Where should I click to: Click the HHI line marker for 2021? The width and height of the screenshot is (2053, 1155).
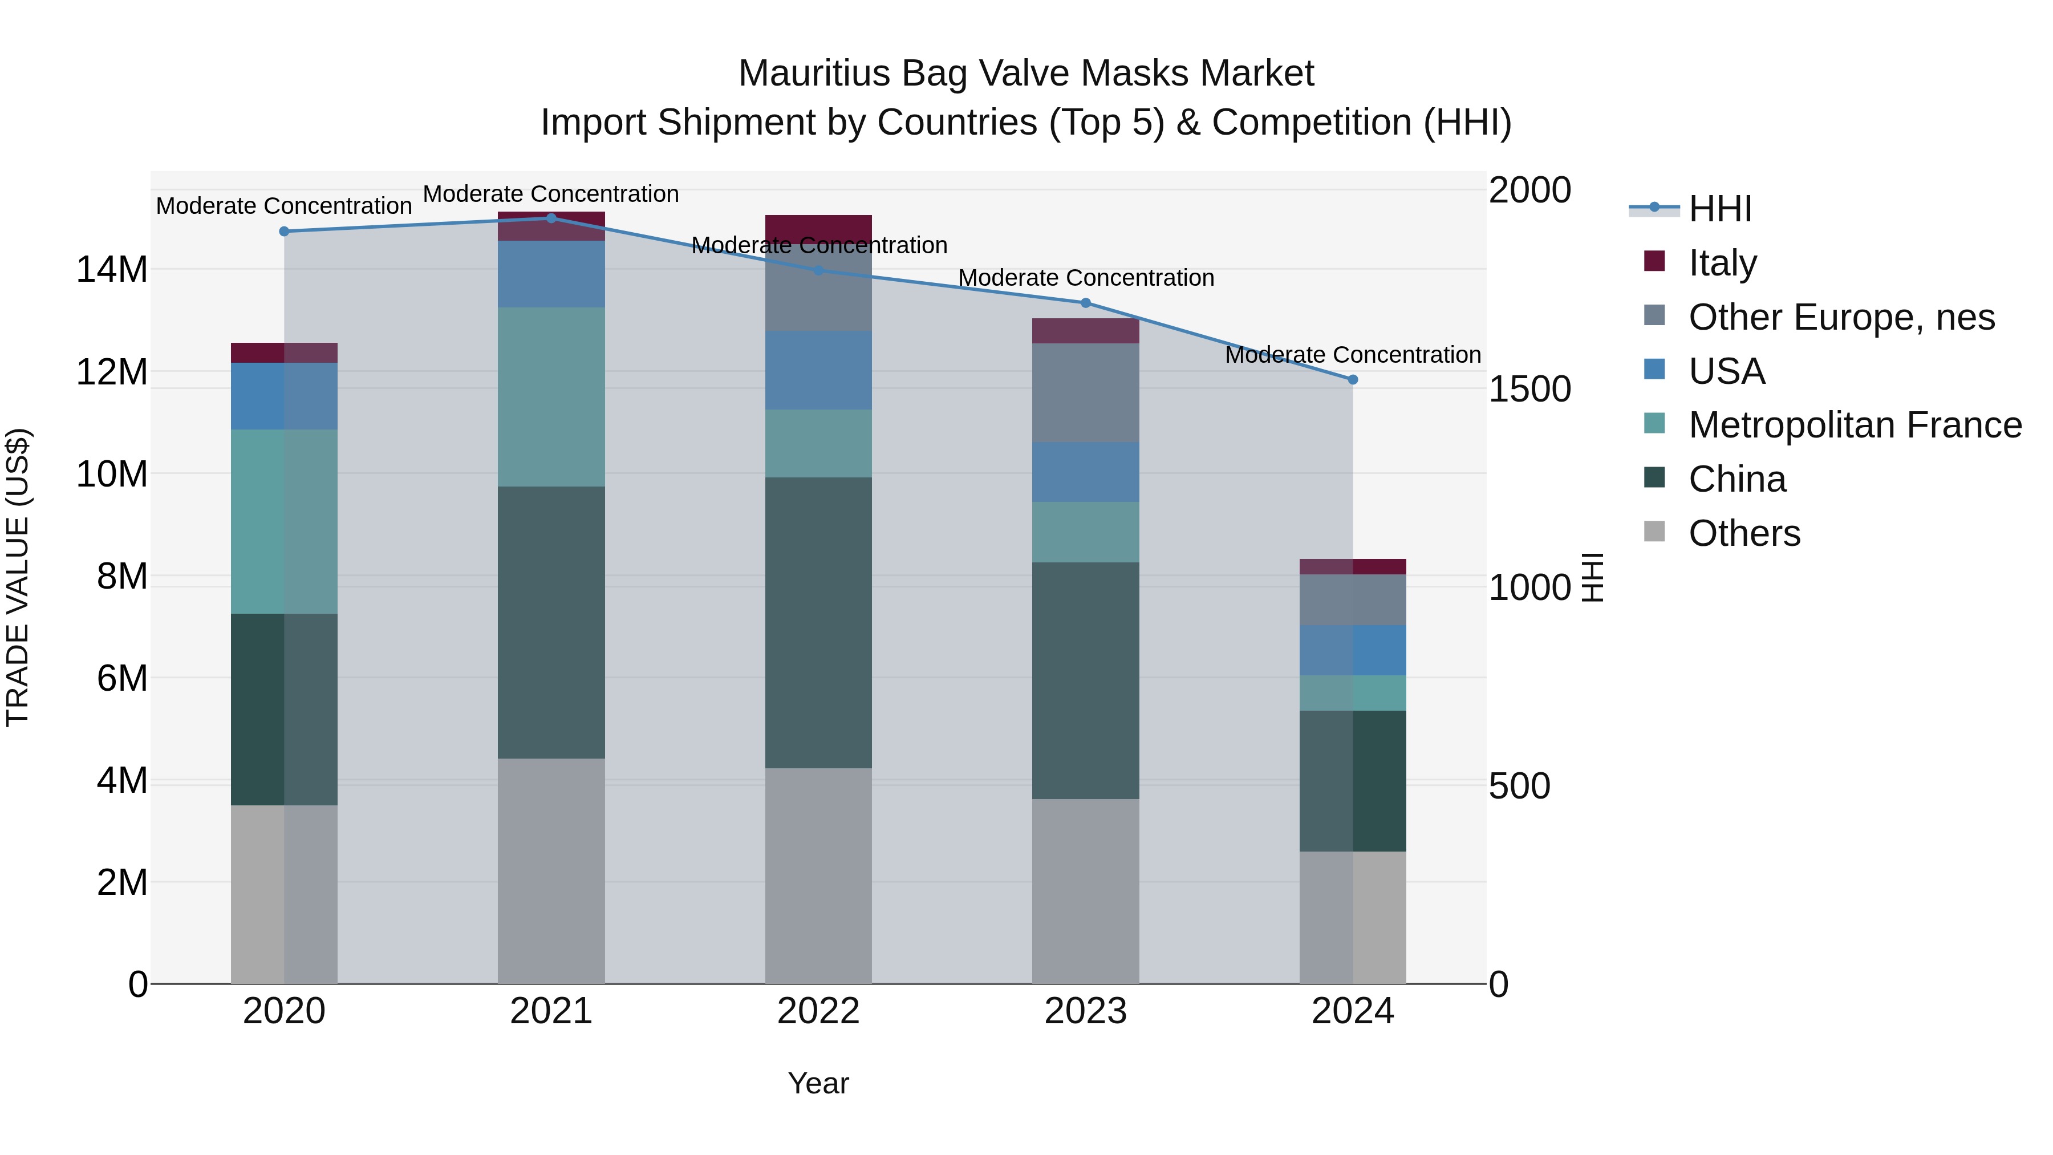(551, 218)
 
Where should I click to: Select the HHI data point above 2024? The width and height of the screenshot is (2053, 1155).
(1353, 379)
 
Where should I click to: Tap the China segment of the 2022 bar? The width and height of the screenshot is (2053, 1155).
(818, 622)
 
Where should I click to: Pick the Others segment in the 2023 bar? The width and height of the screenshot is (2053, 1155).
(1085, 890)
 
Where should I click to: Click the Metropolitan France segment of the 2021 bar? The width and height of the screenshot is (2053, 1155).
(551, 396)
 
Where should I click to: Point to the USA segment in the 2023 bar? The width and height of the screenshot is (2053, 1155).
(1085, 472)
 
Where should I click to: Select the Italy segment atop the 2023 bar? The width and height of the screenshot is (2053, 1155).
(1085, 331)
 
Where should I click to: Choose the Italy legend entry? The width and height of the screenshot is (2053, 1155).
(1722, 263)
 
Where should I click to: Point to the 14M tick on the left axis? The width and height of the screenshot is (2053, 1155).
(112, 269)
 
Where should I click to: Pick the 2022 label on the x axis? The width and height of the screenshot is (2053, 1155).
(818, 1011)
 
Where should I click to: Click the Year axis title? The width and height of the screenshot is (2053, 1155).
(818, 1083)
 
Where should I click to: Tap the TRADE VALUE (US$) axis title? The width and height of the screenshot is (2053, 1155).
(18, 577)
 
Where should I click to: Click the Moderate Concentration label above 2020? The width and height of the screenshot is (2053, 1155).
(284, 206)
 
